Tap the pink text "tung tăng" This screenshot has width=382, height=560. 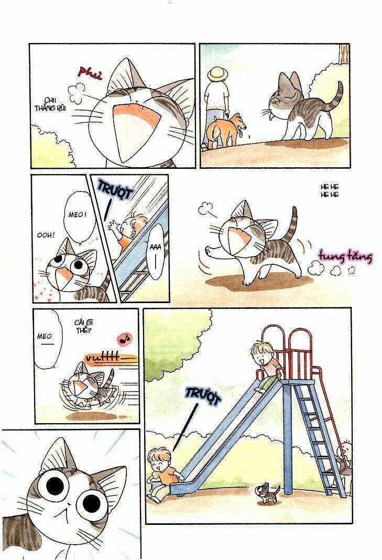(345, 257)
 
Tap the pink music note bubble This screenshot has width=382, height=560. (125, 339)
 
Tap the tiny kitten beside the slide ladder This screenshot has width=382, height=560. (267, 492)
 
